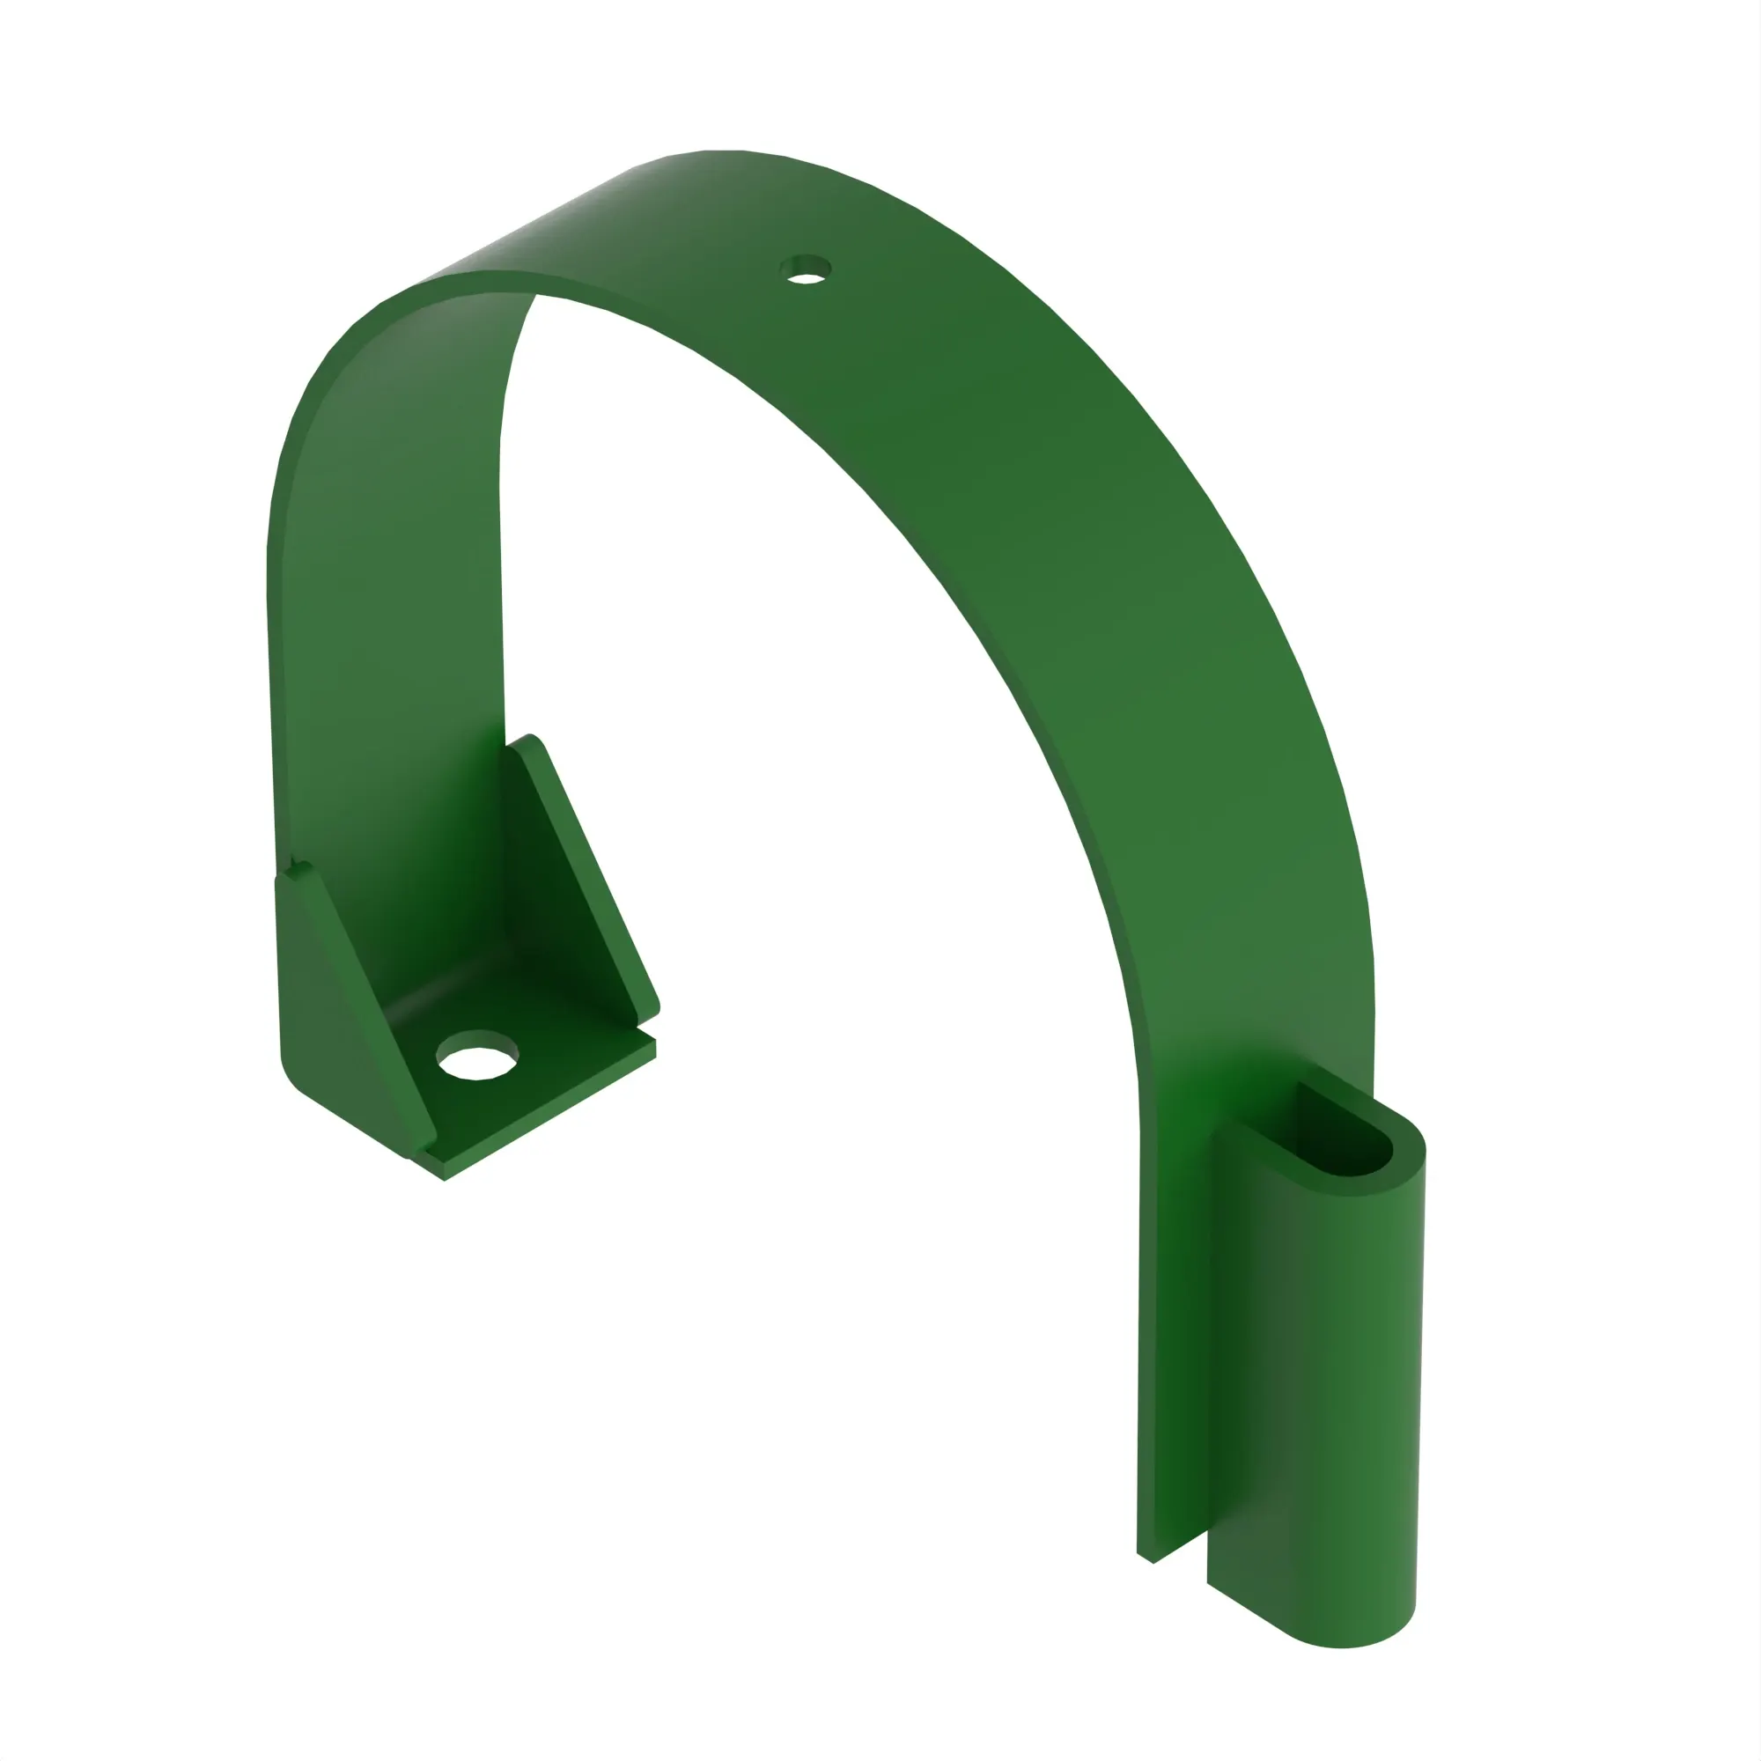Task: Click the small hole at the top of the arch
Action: (x=805, y=270)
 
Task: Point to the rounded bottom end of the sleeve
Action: (x=1345, y=1636)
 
